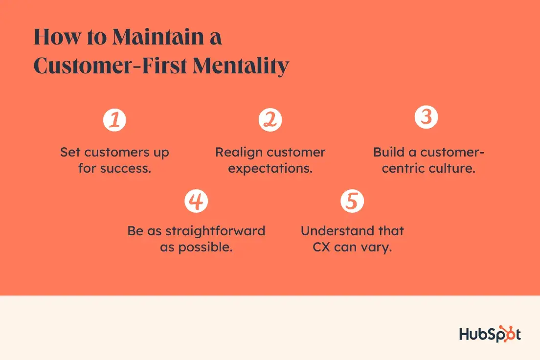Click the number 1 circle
click(x=114, y=120)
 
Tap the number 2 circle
click(x=270, y=120)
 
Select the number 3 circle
click(x=426, y=118)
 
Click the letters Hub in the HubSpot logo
click(x=473, y=335)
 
